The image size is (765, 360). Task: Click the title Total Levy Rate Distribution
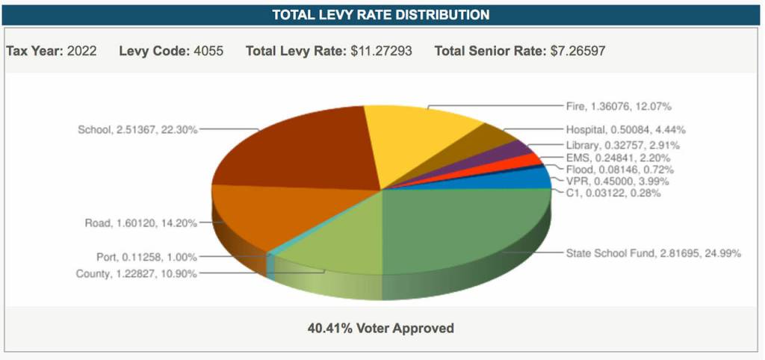click(x=381, y=15)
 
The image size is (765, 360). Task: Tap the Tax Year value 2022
click(x=81, y=52)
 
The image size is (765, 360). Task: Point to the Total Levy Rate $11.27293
click(x=381, y=52)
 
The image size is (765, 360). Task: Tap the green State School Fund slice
click(x=463, y=232)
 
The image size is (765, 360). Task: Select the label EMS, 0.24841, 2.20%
click(x=618, y=158)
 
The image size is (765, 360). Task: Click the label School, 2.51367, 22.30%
click(x=137, y=129)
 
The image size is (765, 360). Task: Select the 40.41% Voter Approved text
click(x=381, y=328)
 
